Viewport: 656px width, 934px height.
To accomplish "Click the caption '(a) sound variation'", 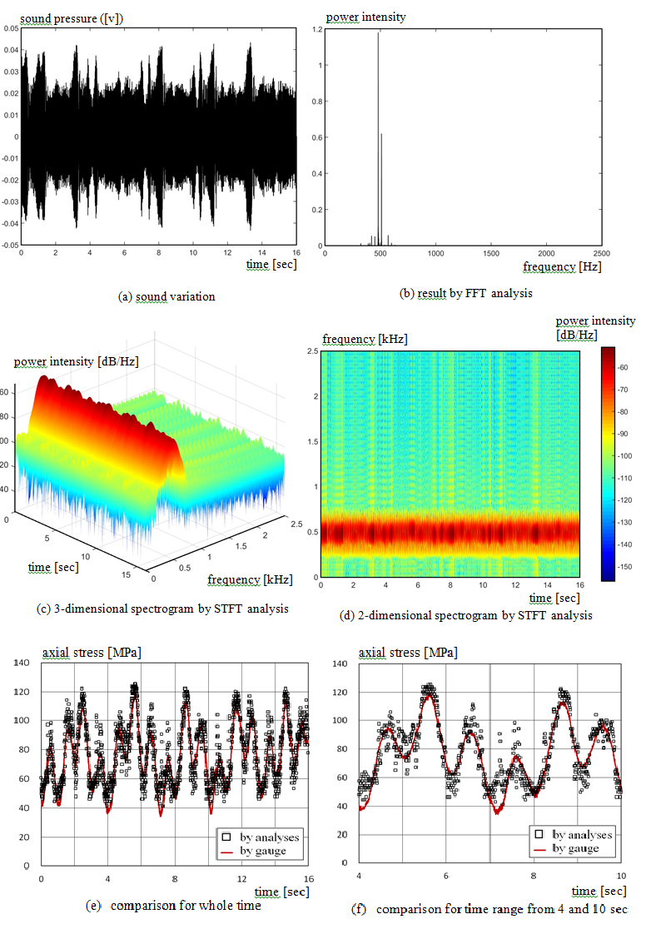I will [x=166, y=296].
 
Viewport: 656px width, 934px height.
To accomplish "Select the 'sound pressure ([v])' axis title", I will [x=72, y=17].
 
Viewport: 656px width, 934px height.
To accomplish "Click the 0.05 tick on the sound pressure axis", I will [x=11, y=28].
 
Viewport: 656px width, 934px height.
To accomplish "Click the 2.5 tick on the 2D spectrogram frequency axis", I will [x=314, y=351].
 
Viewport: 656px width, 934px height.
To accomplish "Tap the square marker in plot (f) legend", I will [x=537, y=833].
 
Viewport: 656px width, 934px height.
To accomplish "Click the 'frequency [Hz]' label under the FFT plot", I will [x=562, y=266].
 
